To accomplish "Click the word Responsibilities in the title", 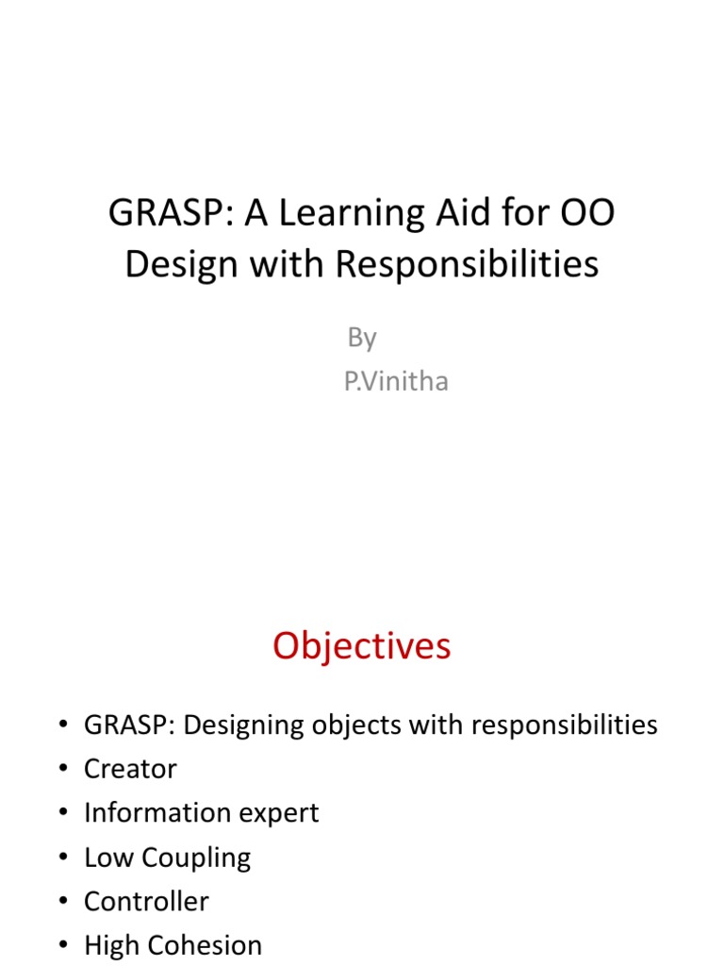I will [x=467, y=264].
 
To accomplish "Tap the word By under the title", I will [x=362, y=338].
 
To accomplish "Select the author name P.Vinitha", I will [x=396, y=382].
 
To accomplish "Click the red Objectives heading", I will [x=362, y=646].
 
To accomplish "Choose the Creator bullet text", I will [x=130, y=769].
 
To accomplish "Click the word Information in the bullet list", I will [x=151, y=813].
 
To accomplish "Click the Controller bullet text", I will [x=146, y=902].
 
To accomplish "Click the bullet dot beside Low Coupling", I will [x=63, y=858].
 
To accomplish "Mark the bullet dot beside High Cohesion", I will [x=63, y=946].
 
